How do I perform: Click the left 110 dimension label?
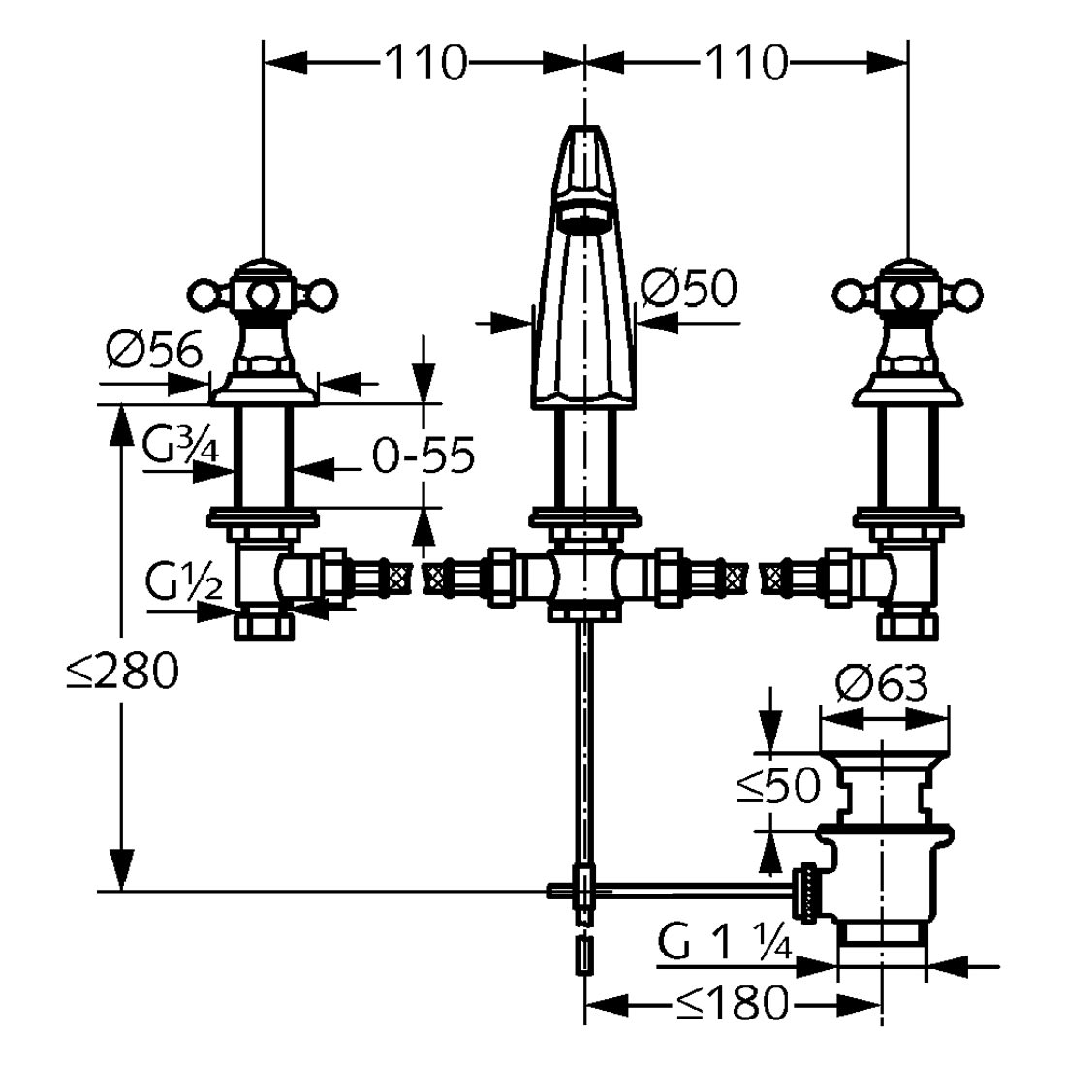424,64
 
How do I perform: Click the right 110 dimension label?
746,64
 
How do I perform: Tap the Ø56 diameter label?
155,351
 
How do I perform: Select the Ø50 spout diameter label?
689,288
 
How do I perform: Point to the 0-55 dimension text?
423,456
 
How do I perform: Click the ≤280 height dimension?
123,672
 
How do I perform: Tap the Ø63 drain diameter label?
881,686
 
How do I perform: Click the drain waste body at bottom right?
882,872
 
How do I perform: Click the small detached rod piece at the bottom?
583,955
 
